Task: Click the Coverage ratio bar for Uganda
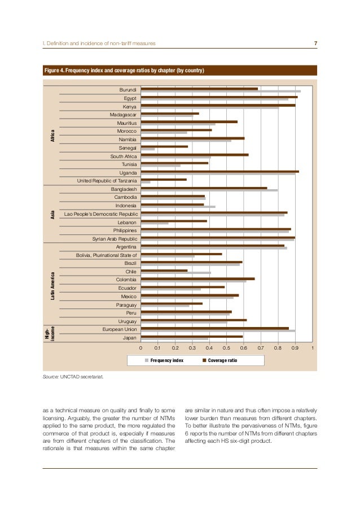tap(219, 171)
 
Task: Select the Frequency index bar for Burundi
tap(220, 91)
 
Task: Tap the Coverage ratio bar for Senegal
tap(164, 146)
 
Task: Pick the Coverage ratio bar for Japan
tap(191, 337)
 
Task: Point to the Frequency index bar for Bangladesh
tap(209, 190)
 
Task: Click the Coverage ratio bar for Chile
tap(164, 271)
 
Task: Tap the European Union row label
tap(120, 329)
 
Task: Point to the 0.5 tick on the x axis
tap(226, 348)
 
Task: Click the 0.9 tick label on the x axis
tap(295, 348)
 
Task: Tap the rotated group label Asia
tap(52, 215)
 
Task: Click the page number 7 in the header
tap(315, 43)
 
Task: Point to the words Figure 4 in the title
tap(55, 71)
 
